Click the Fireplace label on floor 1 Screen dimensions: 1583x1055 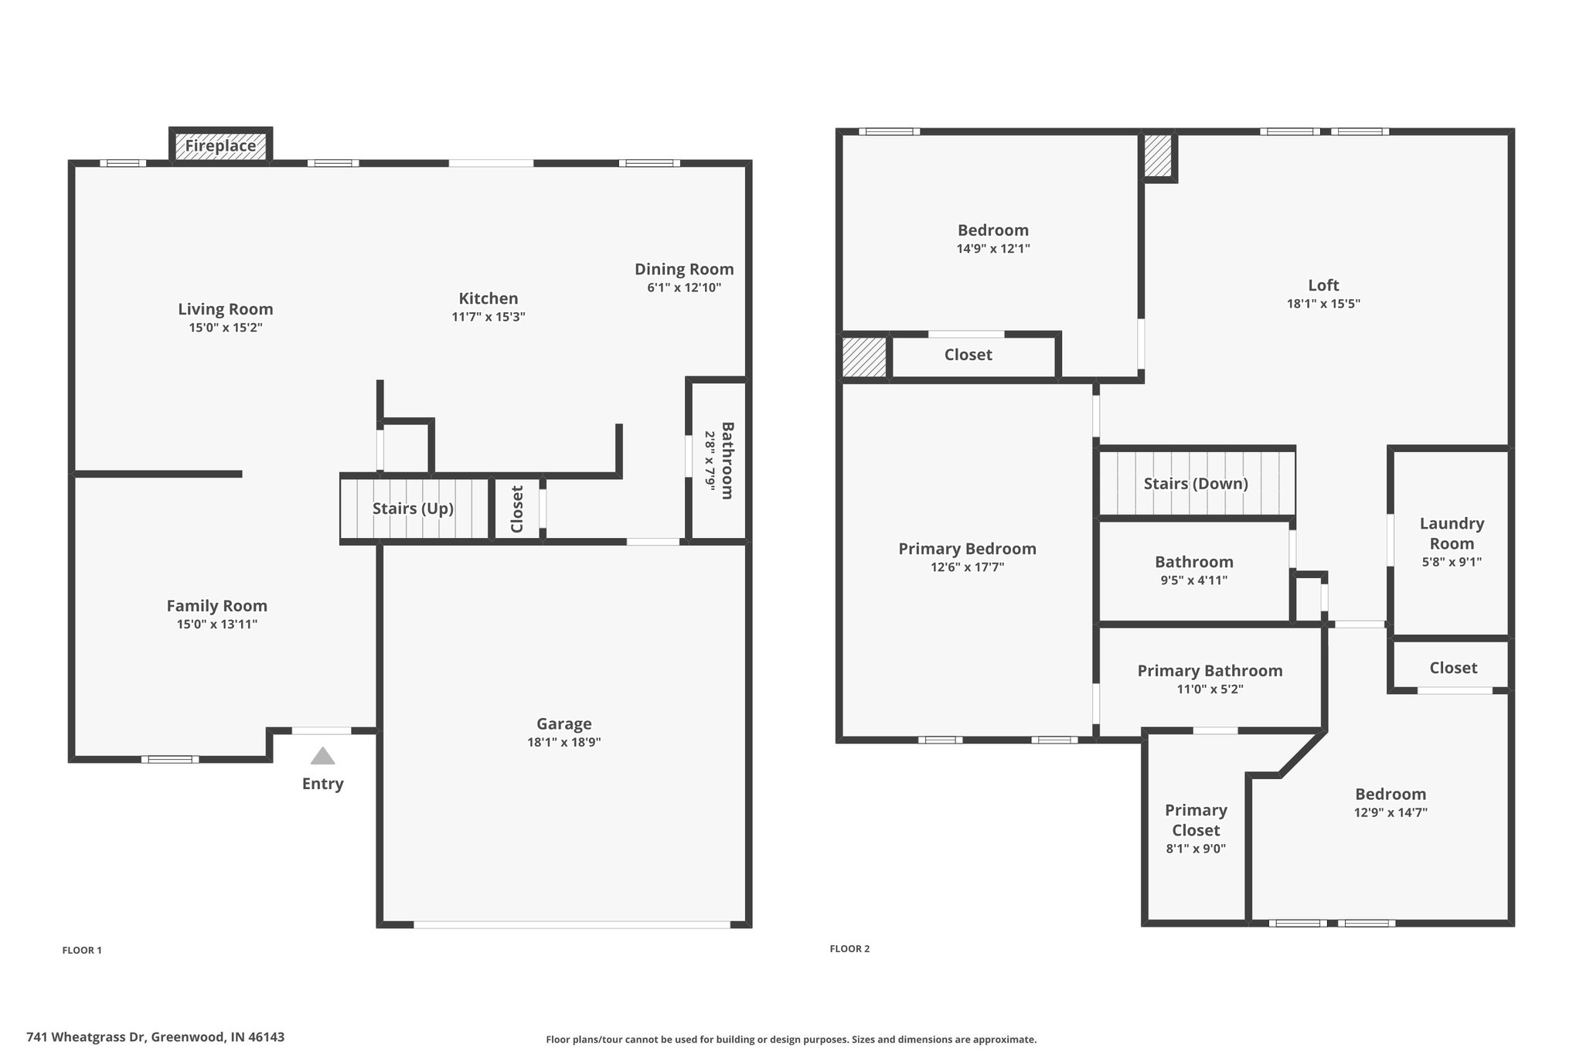tap(220, 146)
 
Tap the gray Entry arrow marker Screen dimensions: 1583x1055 tap(322, 755)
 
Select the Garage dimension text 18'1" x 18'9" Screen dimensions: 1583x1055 tap(564, 743)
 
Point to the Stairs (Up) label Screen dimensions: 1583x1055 tap(413, 509)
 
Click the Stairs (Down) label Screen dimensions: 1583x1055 tap(1196, 484)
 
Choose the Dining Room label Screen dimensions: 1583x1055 tap(684, 269)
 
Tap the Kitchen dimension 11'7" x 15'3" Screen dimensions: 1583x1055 tap(489, 317)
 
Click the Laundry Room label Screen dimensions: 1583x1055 tap(1452, 533)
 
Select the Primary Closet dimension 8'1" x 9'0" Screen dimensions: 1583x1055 tap(1196, 849)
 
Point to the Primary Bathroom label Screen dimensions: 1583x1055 tap(1210, 671)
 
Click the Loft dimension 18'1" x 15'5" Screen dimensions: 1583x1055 tap(1323, 304)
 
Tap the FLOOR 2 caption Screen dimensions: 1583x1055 tap(849, 949)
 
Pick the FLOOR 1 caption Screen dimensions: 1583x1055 tap(82, 951)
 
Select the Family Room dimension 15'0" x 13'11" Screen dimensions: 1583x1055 tap(217, 624)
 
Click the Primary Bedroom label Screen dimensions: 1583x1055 tap(967, 549)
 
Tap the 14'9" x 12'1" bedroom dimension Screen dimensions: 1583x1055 tap(993, 249)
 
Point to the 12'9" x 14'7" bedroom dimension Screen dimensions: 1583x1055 tap(1391, 813)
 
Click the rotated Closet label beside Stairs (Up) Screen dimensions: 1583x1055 tap(517, 509)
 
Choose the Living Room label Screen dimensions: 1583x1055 tap(226, 309)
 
